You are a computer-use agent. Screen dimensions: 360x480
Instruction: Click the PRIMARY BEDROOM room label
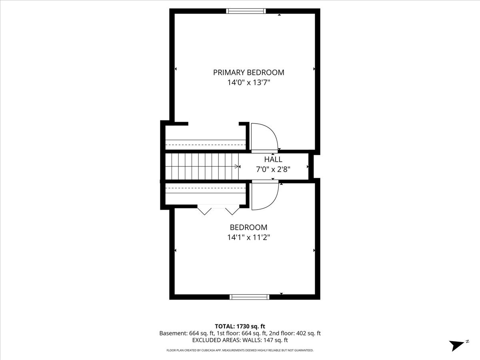pyautogui.click(x=248, y=72)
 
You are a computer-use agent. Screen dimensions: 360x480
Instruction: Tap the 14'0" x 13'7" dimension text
pyautogui.click(x=248, y=83)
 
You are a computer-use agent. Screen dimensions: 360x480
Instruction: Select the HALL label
pyautogui.click(x=273, y=160)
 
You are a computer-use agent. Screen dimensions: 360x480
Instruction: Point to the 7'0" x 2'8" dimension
pyautogui.click(x=273, y=169)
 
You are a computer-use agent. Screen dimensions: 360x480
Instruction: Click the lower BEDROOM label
pyautogui.click(x=248, y=227)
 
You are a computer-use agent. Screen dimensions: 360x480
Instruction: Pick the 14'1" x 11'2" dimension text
pyautogui.click(x=248, y=237)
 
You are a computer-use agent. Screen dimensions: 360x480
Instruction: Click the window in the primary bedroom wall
pyautogui.click(x=246, y=11)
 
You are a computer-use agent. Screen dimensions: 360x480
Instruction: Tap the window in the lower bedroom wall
pyautogui.click(x=249, y=297)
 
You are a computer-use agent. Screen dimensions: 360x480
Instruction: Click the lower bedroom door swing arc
pyautogui.click(x=264, y=195)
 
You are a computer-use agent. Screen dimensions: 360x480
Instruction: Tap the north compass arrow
pyautogui.click(x=457, y=345)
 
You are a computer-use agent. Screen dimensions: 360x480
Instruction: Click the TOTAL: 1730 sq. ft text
pyautogui.click(x=240, y=326)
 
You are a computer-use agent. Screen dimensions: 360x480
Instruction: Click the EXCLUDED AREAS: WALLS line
pyautogui.click(x=240, y=340)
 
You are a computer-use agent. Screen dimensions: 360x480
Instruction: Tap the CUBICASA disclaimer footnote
pyautogui.click(x=240, y=350)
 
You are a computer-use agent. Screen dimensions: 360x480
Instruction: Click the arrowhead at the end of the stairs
pyautogui.click(x=237, y=166)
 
